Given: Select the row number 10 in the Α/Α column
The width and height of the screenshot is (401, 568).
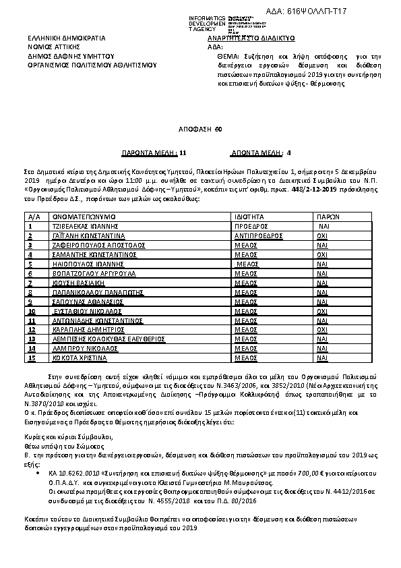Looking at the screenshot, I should click(32, 312).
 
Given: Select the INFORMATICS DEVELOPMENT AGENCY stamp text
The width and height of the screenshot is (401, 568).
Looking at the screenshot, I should click(208, 23).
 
